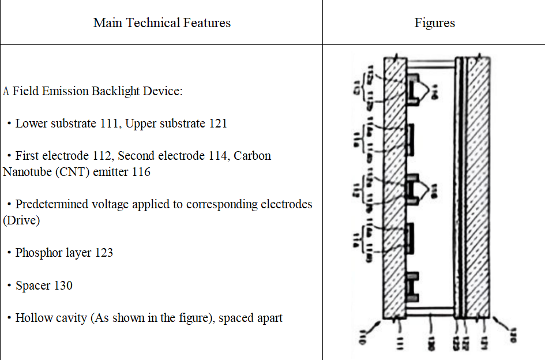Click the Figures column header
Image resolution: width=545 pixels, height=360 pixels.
pyautogui.click(x=434, y=23)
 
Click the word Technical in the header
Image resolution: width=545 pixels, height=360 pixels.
pyautogui.click(x=152, y=23)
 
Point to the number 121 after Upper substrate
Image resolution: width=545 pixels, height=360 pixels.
pyautogui.click(x=216, y=123)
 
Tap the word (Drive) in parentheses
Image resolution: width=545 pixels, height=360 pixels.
pyautogui.click(x=21, y=220)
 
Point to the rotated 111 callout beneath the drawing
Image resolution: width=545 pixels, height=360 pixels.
pyautogui.click(x=400, y=343)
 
